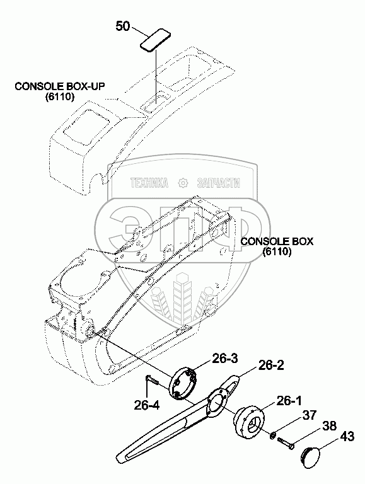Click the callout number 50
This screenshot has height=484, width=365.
122,26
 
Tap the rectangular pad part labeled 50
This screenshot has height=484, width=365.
155,39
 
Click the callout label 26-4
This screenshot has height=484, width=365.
147,405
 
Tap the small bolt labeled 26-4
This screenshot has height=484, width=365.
151,379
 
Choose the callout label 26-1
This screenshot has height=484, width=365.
289,401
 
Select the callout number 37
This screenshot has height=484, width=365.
310,415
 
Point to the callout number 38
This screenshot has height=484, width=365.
329,425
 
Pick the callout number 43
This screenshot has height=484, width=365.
347,437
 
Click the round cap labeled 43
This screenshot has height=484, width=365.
311,454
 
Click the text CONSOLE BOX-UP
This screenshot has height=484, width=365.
60,86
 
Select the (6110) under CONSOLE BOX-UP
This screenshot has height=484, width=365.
60,97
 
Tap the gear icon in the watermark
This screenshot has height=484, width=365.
183,183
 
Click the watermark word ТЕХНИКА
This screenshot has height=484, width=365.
150,183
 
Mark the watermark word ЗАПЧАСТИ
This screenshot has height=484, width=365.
218,183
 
